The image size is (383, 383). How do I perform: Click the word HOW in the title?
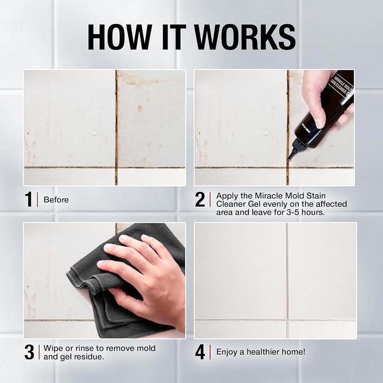(x=120, y=37)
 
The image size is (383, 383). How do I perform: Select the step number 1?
(x=29, y=200)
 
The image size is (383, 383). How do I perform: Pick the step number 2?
(x=200, y=200)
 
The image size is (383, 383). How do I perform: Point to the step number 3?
(x=29, y=352)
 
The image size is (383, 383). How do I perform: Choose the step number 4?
(x=200, y=352)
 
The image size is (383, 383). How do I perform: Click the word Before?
(x=56, y=200)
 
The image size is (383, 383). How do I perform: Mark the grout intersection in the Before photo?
(x=116, y=168)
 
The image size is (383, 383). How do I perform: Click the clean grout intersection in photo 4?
(x=287, y=320)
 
